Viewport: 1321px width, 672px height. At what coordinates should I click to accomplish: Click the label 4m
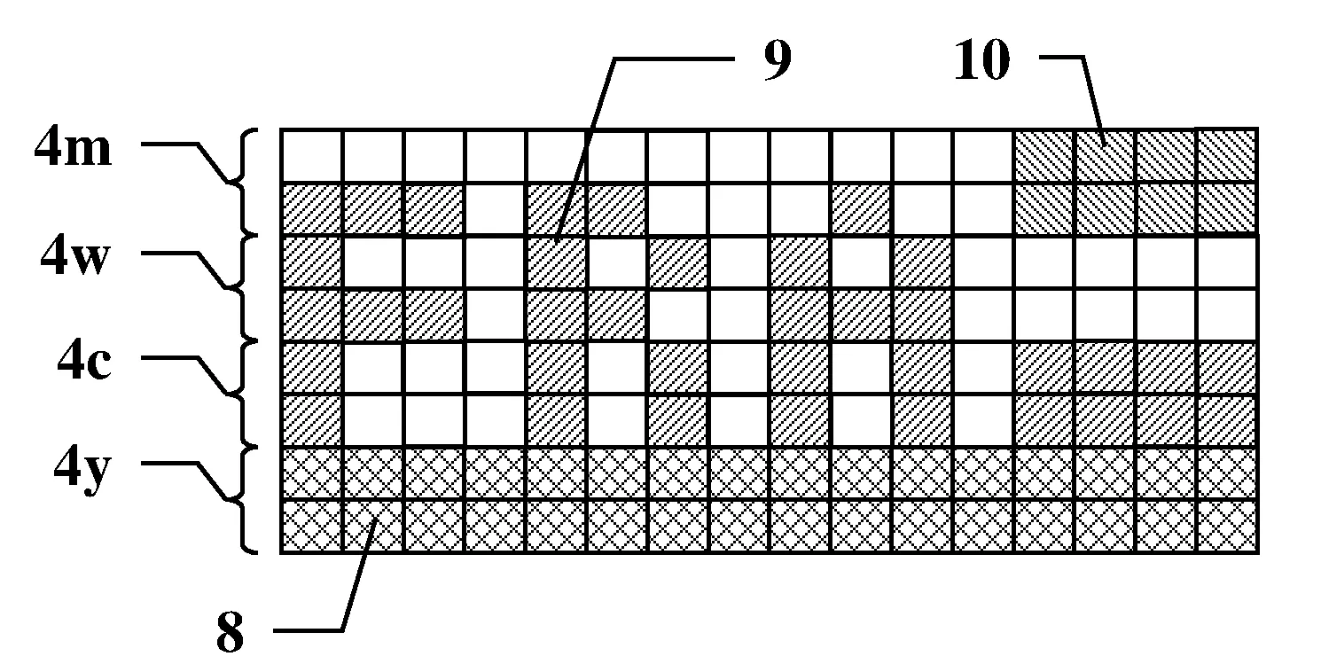[x=73, y=147]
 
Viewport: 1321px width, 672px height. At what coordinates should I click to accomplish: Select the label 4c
[x=83, y=360]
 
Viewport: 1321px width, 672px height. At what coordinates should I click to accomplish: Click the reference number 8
[x=230, y=632]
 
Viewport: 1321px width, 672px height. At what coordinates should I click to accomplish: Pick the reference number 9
[x=778, y=60]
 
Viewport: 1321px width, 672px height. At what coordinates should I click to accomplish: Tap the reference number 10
[x=982, y=59]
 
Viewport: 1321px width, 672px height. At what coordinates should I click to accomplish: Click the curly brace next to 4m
[x=243, y=182]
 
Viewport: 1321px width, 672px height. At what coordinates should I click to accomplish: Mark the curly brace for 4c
[x=243, y=394]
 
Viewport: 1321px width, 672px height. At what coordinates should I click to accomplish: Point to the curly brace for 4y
[x=243, y=500]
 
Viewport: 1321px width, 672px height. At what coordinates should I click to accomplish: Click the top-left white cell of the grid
[x=312, y=156]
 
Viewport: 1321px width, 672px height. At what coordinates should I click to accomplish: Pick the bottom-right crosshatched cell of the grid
[x=1227, y=526]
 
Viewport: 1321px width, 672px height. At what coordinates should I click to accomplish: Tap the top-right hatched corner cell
[x=1227, y=156]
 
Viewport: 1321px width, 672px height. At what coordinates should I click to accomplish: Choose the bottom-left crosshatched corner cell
[x=312, y=526]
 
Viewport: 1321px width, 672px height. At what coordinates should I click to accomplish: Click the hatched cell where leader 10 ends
[x=1105, y=156]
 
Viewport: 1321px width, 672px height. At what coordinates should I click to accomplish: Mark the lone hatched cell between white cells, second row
[x=861, y=209]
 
